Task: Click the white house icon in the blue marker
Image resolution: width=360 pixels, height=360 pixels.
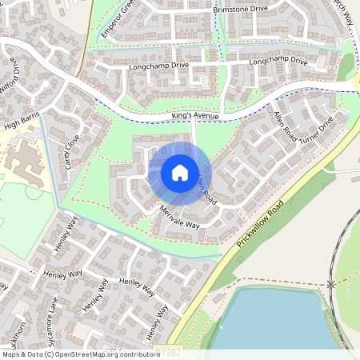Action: point(180,173)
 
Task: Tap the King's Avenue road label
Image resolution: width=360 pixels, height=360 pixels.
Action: point(194,117)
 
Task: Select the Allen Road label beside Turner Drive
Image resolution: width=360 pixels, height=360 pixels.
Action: point(284,128)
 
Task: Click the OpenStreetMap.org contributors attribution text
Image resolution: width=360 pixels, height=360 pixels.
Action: point(109,354)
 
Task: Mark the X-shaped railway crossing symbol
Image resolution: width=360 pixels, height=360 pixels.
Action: point(330,284)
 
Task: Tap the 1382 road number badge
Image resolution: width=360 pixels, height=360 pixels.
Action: point(170,352)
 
